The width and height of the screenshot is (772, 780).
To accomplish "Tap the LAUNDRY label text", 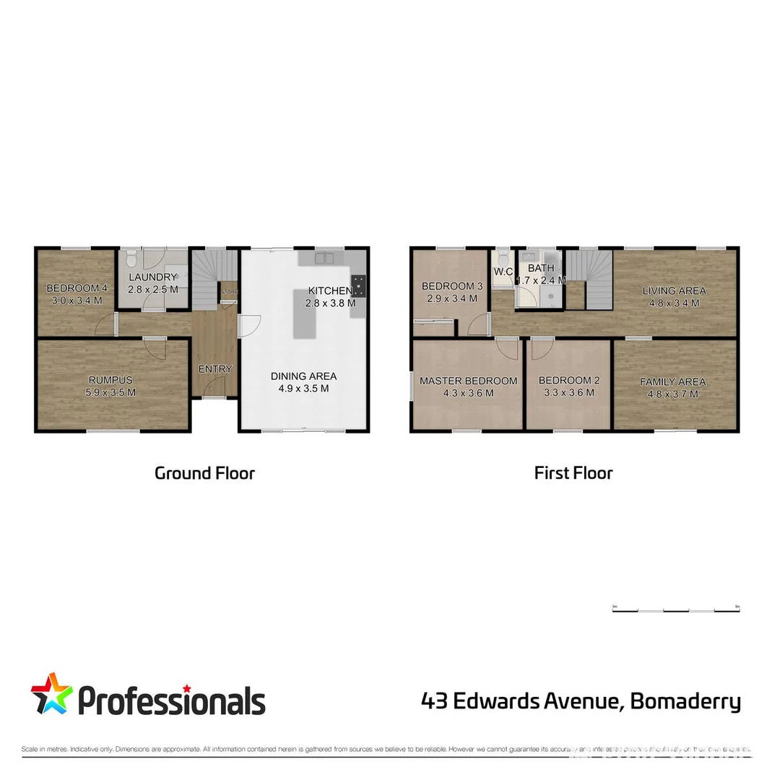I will tap(152, 277).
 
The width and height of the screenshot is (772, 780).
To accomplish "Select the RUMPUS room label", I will tap(111, 380).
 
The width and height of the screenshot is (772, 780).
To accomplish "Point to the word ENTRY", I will tap(215, 369).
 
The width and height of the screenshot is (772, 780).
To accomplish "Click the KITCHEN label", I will tap(330, 290).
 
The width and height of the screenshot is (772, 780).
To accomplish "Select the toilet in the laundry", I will tap(131, 258).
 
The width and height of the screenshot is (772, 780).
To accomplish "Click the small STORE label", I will tap(228, 292).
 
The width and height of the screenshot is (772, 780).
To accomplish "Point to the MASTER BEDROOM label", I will tap(468, 381).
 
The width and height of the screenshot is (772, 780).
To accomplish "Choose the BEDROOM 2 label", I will tap(569, 381).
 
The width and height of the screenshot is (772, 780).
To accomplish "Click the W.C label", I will tap(503, 272).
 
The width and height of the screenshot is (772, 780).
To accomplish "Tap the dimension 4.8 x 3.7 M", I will tap(673, 394).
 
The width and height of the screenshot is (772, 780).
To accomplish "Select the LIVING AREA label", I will tap(675, 291).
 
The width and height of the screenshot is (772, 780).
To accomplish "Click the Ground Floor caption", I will tap(204, 474).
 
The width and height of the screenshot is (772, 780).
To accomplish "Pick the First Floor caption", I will tap(573, 474).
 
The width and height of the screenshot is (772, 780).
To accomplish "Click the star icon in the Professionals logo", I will tap(51, 695).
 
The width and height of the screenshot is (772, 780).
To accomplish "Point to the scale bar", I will tap(675, 610).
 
